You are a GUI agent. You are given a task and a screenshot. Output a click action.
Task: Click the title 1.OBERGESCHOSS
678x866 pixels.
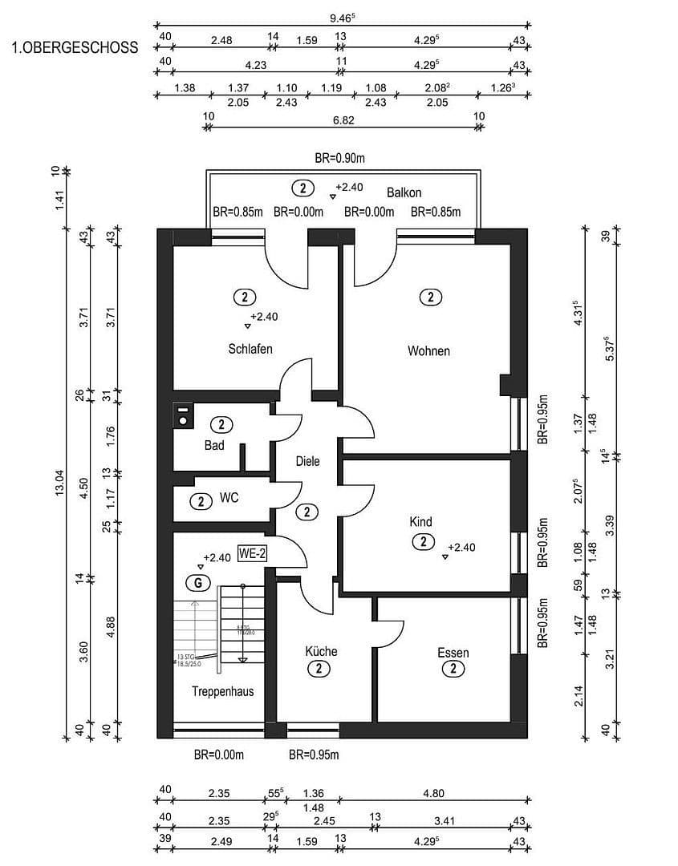[x=75, y=47]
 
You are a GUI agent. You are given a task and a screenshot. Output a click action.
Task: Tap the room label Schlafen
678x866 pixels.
[x=250, y=349]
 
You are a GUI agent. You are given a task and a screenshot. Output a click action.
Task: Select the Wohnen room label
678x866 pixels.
[x=428, y=350]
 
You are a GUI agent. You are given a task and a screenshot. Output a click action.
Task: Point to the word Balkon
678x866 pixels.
[x=404, y=192]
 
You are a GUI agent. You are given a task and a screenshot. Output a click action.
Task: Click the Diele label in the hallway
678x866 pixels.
[x=307, y=461]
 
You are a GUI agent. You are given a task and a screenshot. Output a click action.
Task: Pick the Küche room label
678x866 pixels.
[x=321, y=651]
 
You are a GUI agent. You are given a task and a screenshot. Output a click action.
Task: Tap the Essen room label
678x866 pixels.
[x=453, y=653]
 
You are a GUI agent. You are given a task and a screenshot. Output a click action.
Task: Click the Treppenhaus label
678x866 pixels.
[x=223, y=690]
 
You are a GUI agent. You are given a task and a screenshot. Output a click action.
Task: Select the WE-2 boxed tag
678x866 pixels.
[x=252, y=554]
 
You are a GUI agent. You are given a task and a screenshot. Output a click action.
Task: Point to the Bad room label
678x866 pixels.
[x=214, y=445]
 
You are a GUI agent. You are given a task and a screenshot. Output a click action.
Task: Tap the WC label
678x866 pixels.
[x=229, y=498]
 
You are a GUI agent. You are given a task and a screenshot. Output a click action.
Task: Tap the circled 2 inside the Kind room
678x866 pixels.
[x=423, y=542]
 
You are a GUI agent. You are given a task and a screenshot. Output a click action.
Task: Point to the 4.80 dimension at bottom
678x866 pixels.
[x=433, y=794]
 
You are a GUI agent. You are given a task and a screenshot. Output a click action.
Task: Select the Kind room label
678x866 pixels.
[x=421, y=522]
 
